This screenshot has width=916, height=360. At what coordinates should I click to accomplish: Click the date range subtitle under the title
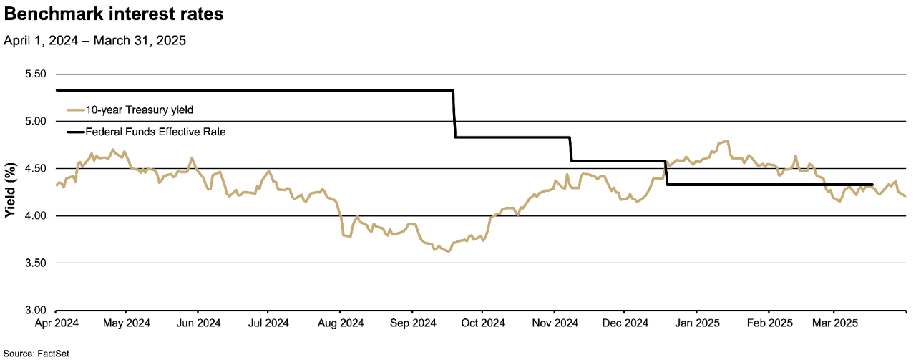coord(94,41)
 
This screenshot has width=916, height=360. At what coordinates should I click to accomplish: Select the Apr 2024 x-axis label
coord(56,323)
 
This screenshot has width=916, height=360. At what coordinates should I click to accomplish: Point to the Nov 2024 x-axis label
coord(555,323)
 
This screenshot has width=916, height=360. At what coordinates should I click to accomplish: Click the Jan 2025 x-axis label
coord(697,323)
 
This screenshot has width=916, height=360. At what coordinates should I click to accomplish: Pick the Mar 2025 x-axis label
coord(834,323)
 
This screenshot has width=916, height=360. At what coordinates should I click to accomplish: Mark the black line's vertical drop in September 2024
coord(454,113)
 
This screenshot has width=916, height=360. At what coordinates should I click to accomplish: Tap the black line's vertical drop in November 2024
coord(570,149)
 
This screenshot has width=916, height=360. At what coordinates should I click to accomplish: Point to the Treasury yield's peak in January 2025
coord(727,141)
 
